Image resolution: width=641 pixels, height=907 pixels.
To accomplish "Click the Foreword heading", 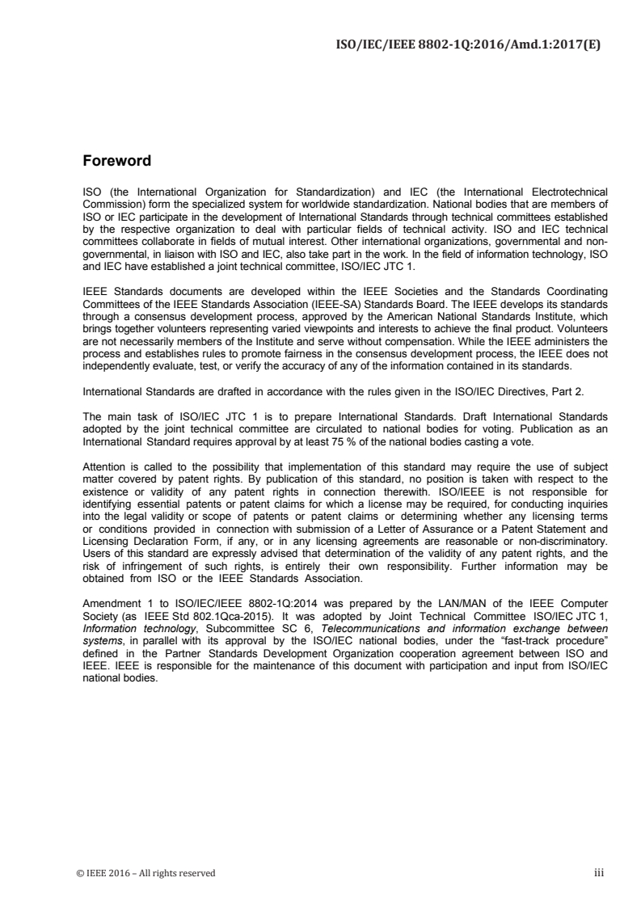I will tap(117, 161).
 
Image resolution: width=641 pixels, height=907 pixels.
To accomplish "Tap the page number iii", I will tap(599, 873).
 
